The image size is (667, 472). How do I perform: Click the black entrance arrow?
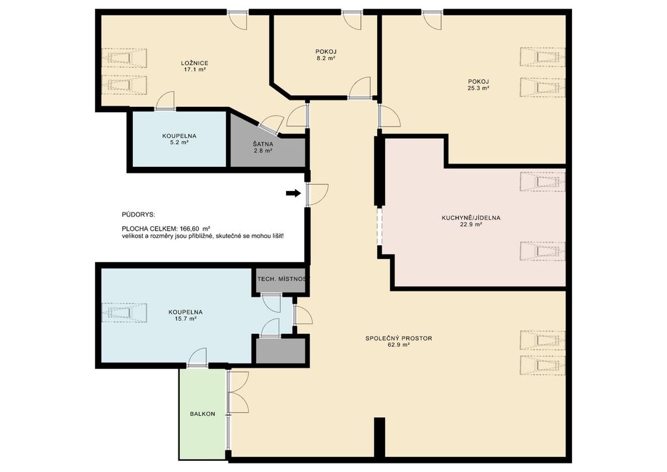(293, 193)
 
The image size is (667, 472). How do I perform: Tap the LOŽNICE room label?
(194, 63)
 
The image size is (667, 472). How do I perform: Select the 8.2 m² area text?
(326, 58)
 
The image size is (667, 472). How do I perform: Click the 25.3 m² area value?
(478, 88)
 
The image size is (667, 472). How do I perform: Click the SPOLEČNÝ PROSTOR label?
(399, 338)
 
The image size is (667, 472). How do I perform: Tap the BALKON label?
(203, 414)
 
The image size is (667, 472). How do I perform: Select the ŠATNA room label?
(263, 144)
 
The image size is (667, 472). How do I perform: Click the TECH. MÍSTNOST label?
(282, 279)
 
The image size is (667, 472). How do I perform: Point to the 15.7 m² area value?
(185, 318)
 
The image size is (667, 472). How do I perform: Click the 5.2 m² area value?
(179, 143)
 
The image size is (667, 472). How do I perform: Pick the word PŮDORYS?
(138, 215)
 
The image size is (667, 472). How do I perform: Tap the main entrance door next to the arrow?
(317, 194)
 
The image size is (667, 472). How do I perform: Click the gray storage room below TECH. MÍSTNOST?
(281, 351)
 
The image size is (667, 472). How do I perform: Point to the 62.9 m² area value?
(399, 345)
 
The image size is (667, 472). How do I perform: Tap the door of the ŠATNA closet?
(272, 125)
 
